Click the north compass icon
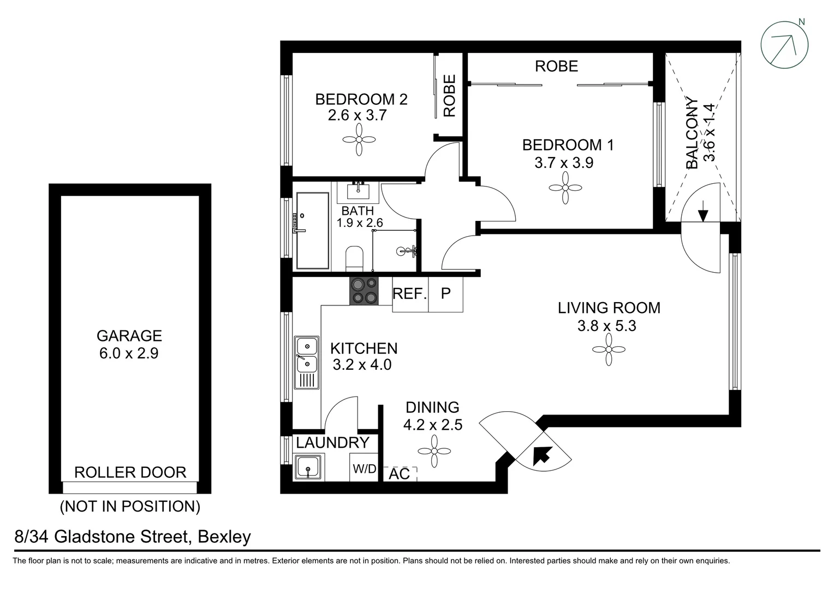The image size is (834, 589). click(x=785, y=45)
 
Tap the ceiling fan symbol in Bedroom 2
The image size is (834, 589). click(x=359, y=139)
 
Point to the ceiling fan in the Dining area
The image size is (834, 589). click(x=434, y=450)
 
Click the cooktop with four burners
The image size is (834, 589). click(x=364, y=291)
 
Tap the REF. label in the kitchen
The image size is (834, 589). click(x=409, y=294)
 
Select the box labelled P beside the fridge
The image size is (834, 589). click(x=445, y=294)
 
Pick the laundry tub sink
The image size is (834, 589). click(x=309, y=468)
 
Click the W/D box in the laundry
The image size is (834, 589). click(x=364, y=468)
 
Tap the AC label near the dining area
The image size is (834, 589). click(x=400, y=474)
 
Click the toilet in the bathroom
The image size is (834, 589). click(x=355, y=257)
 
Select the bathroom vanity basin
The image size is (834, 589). click(x=358, y=191)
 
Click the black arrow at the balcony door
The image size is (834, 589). click(x=703, y=211)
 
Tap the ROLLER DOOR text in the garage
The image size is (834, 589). click(x=130, y=472)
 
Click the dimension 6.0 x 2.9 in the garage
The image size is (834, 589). click(x=129, y=353)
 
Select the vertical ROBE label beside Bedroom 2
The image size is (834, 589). click(x=450, y=96)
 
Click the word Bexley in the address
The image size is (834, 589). click(x=224, y=537)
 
